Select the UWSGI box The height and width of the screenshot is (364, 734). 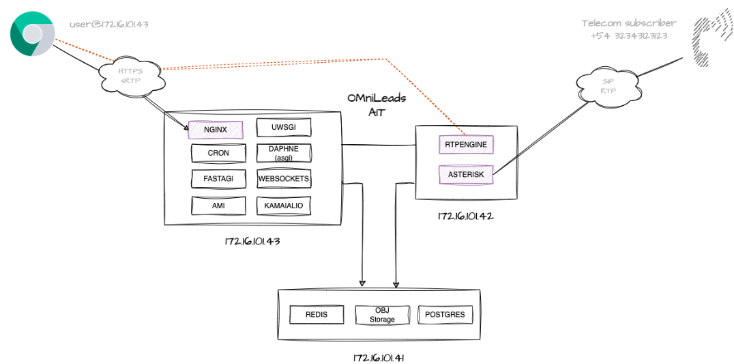pos(283,128)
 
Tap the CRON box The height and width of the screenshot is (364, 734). pos(218,154)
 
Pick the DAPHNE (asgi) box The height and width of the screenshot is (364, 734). pos(283,153)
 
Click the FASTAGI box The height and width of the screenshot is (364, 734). pos(218,180)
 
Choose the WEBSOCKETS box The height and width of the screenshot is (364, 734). pos(283,179)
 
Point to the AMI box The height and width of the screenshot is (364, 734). pos(218,205)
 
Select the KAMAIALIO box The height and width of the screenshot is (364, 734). pos(283,205)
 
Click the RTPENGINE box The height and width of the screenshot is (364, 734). pos(467,145)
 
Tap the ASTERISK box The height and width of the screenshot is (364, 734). pos(467,175)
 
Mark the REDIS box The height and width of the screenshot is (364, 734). pos(317,315)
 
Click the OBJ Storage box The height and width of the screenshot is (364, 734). pos(382,315)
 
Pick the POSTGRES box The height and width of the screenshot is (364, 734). pos(444,315)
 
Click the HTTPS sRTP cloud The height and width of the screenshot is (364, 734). pos(131,75)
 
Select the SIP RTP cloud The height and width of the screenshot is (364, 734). pos(608,85)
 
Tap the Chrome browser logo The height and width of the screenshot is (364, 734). pos(32,36)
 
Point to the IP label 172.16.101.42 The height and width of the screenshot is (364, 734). pos(465,216)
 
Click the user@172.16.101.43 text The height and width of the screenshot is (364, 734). pos(109,24)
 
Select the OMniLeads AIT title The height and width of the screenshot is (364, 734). pos(376,104)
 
